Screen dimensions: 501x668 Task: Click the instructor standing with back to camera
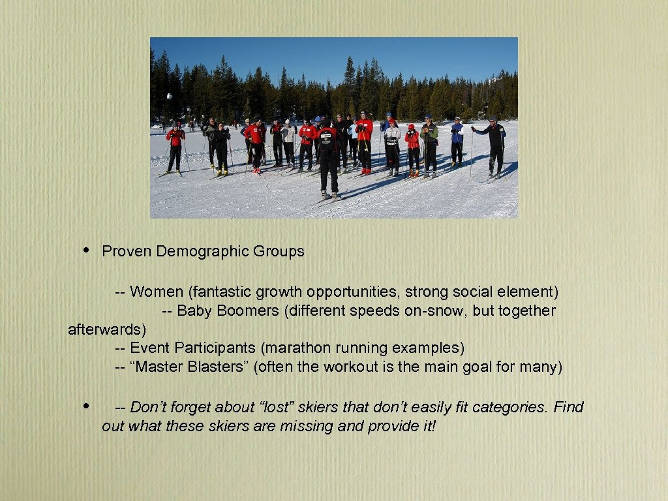coord(328,157)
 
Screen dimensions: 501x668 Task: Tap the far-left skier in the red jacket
coord(175,147)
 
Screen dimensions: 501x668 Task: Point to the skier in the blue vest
coord(457,142)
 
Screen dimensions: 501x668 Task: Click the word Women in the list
coord(157,292)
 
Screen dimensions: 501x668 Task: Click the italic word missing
coord(305,427)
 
